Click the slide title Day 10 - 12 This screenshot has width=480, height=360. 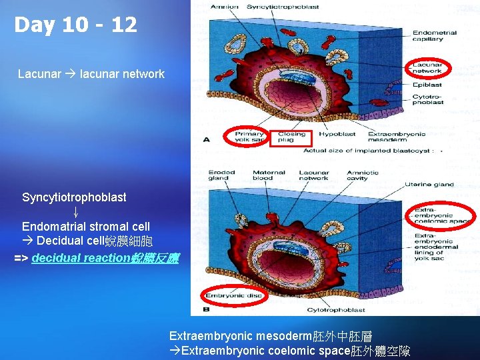coord(75,25)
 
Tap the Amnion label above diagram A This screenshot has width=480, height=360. coord(224,7)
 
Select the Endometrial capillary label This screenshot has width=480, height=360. coord(434,36)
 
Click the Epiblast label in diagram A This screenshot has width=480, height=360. coord(427,85)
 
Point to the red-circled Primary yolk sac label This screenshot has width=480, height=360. coord(249,137)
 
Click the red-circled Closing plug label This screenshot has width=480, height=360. coord(291,137)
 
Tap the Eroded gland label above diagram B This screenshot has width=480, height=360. coord(221,175)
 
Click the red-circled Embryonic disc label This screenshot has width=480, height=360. coord(233,295)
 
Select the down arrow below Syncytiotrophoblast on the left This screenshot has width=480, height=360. coord(76,212)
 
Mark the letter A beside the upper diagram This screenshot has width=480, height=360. coord(206,139)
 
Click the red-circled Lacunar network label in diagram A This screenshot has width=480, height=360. coord(427,67)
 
